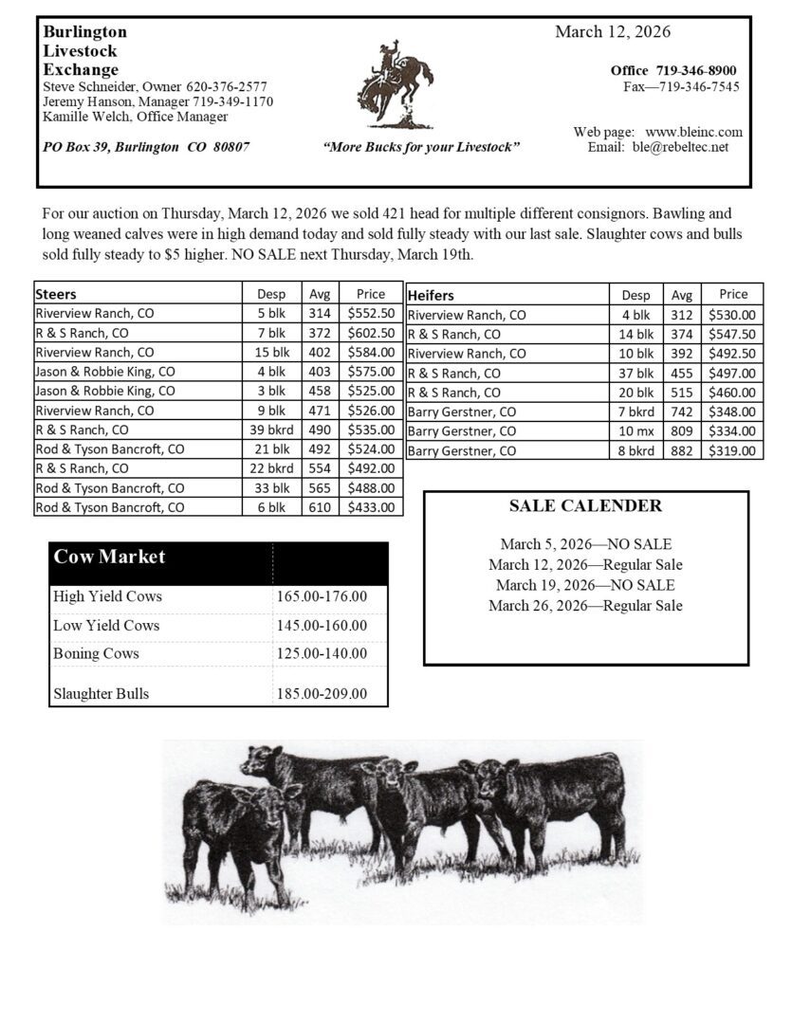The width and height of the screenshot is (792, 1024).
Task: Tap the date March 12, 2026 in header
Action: [x=613, y=32]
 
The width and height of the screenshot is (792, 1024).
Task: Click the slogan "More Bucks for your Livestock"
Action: [x=421, y=148]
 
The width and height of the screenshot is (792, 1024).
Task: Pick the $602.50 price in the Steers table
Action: [x=371, y=333]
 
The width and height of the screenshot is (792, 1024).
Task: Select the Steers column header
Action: [x=56, y=294]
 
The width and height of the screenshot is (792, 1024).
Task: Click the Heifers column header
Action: [x=432, y=295]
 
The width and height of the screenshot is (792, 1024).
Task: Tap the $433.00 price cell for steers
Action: [x=371, y=507]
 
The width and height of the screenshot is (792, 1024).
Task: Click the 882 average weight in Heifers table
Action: [x=682, y=450]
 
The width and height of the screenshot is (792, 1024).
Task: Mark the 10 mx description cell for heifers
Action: [x=636, y=431]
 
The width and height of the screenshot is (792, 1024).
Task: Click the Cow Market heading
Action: [x=109, y=557]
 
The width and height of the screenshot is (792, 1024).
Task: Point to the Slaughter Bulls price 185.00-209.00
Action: [x=322, y=693]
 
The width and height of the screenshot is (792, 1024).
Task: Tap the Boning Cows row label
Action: [x=96, y=653]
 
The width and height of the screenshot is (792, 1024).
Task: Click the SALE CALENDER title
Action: [x=585, y=505]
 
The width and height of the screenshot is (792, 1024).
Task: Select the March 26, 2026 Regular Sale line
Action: [x=585, y=606]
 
